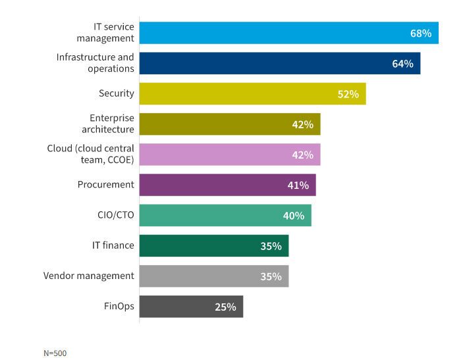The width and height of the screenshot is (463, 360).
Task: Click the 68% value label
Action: pos(421,33)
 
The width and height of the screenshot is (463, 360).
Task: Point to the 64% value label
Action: pos(402,64)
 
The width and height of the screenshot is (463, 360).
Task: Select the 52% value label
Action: pos(348,94)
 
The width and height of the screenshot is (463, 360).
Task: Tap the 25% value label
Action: pos(225,307)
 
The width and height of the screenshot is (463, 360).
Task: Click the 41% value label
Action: pos(298,185)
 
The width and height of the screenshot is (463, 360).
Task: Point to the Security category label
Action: pos(117,93)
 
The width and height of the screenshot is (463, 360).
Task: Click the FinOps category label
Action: pos(119,306)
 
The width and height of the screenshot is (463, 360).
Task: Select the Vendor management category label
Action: pos(89,276)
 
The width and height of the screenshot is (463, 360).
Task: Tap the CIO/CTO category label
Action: pos(116,215)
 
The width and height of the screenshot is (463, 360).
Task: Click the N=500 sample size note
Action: pos(55,353)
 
